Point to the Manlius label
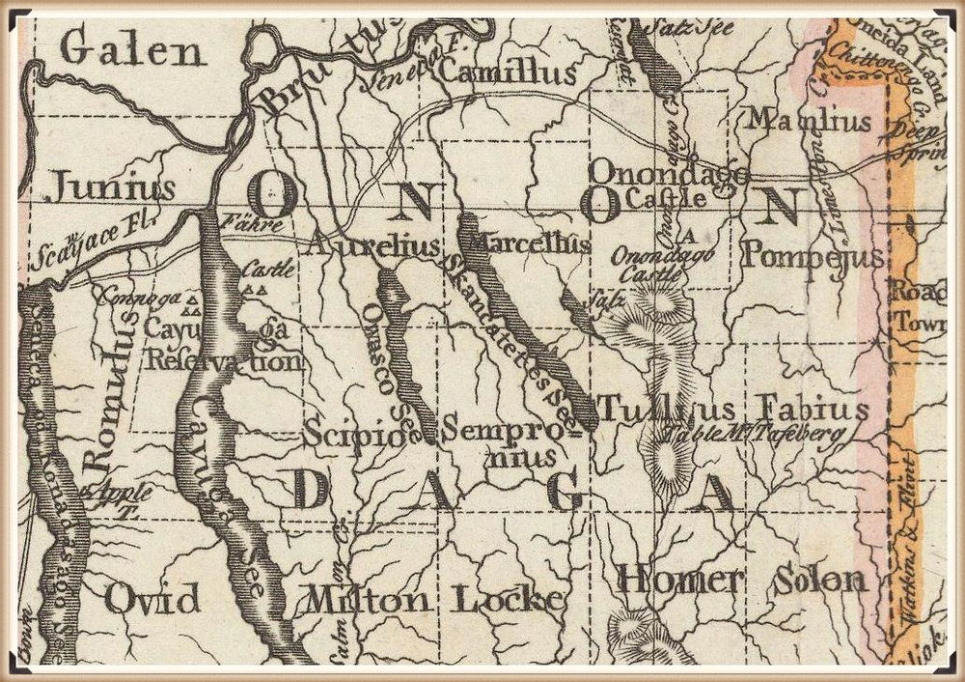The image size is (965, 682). click(811, 122)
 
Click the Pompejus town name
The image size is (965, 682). click(814, 257)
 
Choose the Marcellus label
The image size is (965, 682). click(528, 244)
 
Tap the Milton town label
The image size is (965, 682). click(368, 600)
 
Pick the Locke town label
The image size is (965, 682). click(508, 600)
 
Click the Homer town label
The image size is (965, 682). click(680, 580)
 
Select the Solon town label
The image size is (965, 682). click(818, 580)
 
